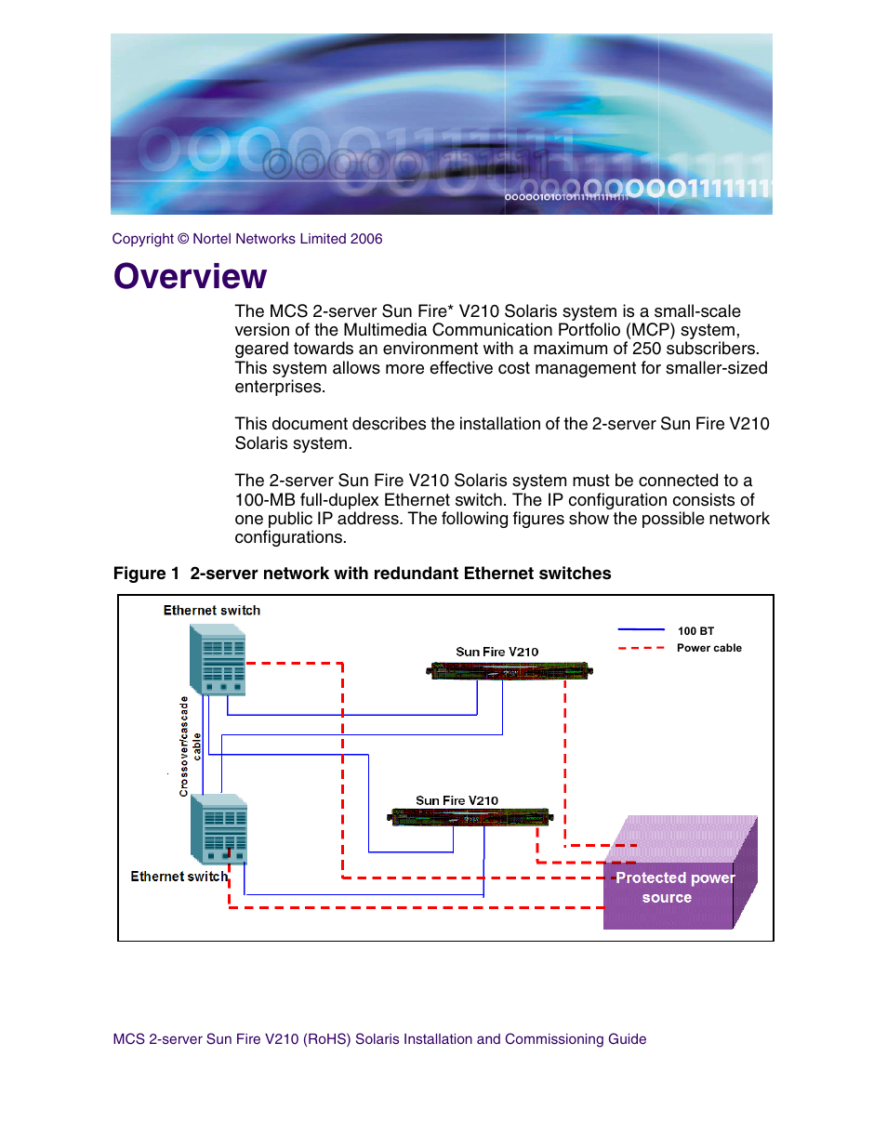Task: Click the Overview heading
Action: pyautogui.click(x=191, y=276)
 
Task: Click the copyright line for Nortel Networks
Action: pyautogui.click(x=247, y=239)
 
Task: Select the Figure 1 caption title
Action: pyautogui.click(x=362, y=574)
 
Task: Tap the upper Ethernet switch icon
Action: pyautogui.click(x=218, y=659)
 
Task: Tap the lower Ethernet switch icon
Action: pyautogui.click(x=218, y=829)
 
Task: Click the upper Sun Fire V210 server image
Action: pyautogui.click(x=510, y=671)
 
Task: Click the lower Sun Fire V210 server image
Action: pyautogui.click(x=470, y=817)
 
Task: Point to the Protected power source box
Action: pyautogui.click(x=681, y=872)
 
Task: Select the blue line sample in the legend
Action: pyautogui.click(x=641, y=629)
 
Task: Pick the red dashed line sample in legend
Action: pyautogui.click(x=641, y=648)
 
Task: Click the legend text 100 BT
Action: pyautogui.click(x=695, y=631)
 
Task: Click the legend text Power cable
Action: pyautogui.click(x=709, y=648)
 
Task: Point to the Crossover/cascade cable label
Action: pyautogui.click(x=190, y=746)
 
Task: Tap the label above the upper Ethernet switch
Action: pyautogui.click(x=211, y=610)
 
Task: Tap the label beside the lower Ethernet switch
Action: pyautogui.click(x=179, y=877)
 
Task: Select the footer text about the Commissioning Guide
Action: pyautogui.click(x=379, y=1038)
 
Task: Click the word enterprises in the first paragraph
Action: pyautogui.click(x=280, y=387)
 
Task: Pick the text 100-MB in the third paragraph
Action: pyautogui.click(x=265, y=499)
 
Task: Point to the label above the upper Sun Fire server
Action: pyautogui.click(x=497, y=652)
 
